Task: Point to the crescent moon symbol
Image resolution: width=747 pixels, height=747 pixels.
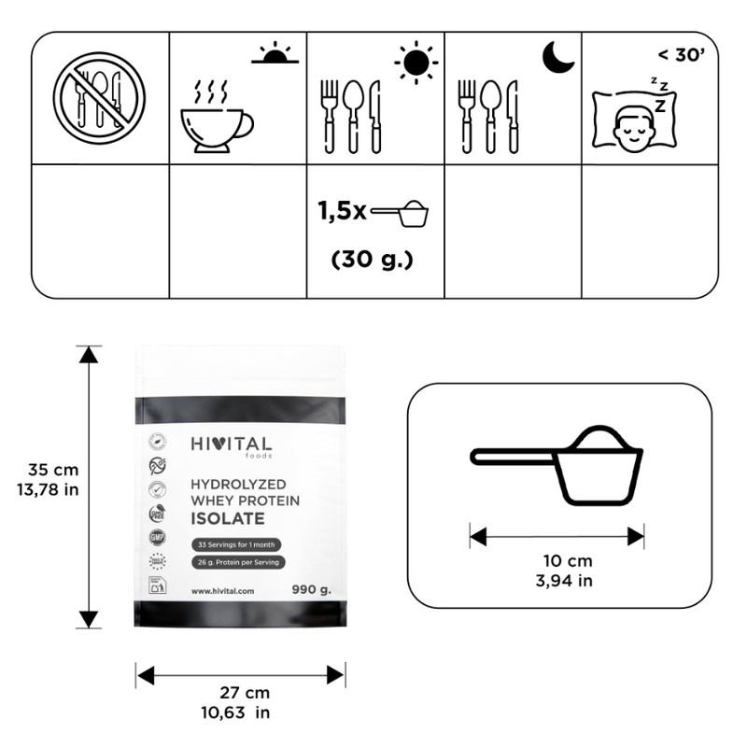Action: click(x=557, y=57)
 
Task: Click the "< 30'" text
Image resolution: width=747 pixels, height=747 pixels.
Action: click(x=681, y=55)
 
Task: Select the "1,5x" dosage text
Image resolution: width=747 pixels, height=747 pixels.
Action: click(x=342, y=212)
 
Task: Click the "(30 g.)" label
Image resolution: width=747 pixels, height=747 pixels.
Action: click(x=372, y=261)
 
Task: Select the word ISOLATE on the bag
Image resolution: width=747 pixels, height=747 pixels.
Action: click(x=227, y=518)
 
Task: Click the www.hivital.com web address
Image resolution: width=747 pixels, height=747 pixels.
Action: click(x=224, y=591)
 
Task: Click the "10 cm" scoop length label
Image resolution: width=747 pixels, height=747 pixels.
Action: click(x=568, y=561)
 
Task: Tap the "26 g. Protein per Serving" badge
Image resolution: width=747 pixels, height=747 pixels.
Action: click(x=238, y=562)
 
